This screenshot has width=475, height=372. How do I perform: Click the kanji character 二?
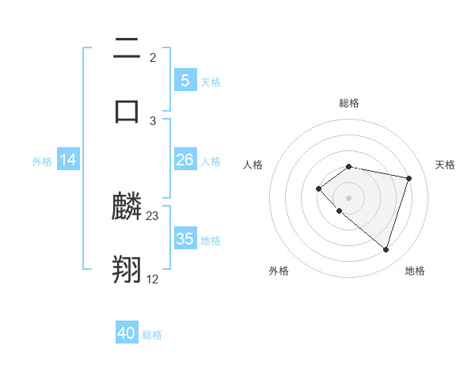tap(127, 49)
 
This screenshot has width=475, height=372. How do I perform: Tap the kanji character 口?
tap(127, 110)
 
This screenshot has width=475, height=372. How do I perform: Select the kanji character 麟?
tap(127, 207)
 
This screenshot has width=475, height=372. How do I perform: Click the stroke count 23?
tap(153, 216)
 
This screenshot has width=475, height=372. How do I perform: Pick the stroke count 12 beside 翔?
tap(153, 279)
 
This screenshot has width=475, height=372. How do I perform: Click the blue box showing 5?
tap(185, 81)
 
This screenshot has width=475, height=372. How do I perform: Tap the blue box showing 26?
tap(185, 160)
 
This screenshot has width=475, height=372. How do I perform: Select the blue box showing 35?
tap(185, 239)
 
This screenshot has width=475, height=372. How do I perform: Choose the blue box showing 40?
tap(127, 333)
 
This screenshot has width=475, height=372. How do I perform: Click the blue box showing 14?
tap(68, 160)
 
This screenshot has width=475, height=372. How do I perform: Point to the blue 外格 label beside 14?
tap(42, 161)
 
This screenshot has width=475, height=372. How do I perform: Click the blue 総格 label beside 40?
tap(152, 335)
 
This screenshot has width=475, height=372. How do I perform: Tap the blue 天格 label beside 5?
tap(211, 82)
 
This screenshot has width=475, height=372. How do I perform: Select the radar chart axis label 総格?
tap(349, 103)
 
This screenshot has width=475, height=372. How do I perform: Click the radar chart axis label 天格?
tap(446, 165)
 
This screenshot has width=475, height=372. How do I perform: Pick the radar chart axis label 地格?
tap(415, 271)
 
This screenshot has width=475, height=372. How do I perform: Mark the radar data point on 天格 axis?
tap(409, 178)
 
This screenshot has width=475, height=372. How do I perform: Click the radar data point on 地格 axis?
tap(386, 249)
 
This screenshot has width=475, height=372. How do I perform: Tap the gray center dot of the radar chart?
tap(348, 197)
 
